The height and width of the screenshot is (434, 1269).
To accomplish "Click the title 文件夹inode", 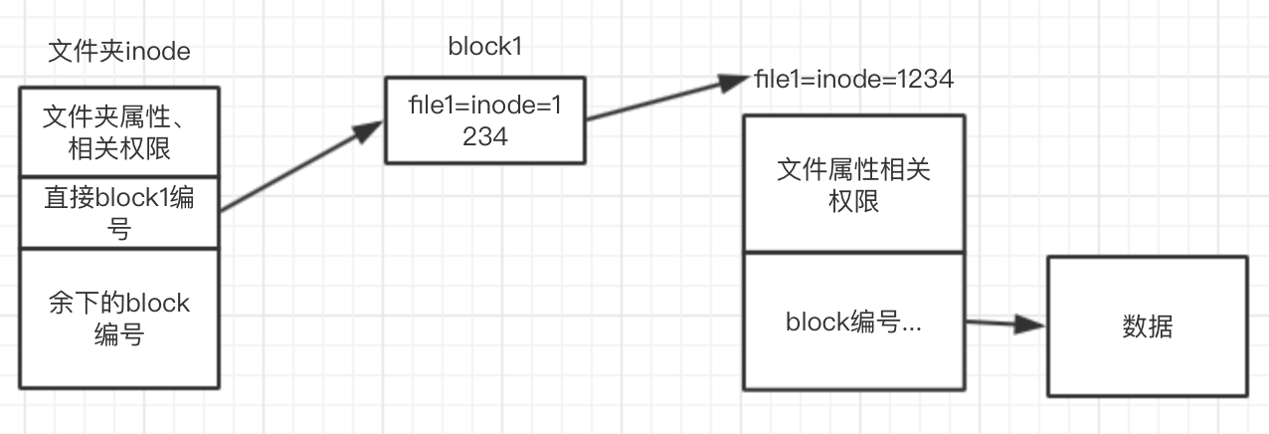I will pos(119,51).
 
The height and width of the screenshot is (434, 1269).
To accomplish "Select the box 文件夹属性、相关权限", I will pos(119,132).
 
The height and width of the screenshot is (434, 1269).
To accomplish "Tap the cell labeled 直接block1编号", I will pos(119,213).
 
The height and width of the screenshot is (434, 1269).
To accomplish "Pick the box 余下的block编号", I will pos(119,318).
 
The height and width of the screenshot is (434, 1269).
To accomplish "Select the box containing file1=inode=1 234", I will pos(484,120).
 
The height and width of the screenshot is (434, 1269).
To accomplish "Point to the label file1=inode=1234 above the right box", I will pos(854,80).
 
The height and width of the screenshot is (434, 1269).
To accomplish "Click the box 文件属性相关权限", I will pos(853,183).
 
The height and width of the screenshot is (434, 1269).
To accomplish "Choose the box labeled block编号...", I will pos(853,322).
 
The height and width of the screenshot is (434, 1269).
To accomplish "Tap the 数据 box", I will pos(1146,325).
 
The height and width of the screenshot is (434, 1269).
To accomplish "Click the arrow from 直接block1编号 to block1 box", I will pos(298,166).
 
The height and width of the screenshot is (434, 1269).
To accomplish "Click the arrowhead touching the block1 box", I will pos(372,129).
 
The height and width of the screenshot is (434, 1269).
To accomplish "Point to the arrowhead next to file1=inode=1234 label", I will pos(738,84).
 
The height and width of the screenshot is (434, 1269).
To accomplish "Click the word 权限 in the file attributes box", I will pos(853,202).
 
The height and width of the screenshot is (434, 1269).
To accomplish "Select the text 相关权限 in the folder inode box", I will pos(119,149).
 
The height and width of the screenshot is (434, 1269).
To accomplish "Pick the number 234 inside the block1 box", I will pos(484,137).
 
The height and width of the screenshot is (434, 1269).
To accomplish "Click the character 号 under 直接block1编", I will pos(119,231).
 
